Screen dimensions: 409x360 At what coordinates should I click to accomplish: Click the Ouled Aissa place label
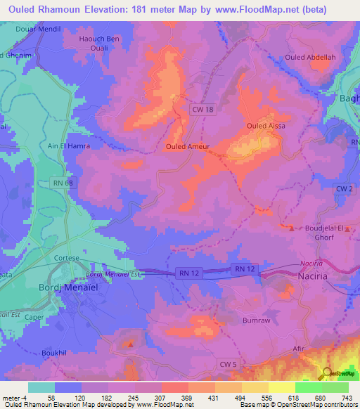pos(264,126)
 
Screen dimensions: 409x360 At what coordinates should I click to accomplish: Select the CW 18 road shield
pos(204,110)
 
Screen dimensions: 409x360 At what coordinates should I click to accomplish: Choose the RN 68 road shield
pos(63,183)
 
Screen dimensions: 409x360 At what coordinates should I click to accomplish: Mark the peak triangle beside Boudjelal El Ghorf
pos(291,228)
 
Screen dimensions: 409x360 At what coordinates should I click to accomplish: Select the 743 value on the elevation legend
pos(345,398)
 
